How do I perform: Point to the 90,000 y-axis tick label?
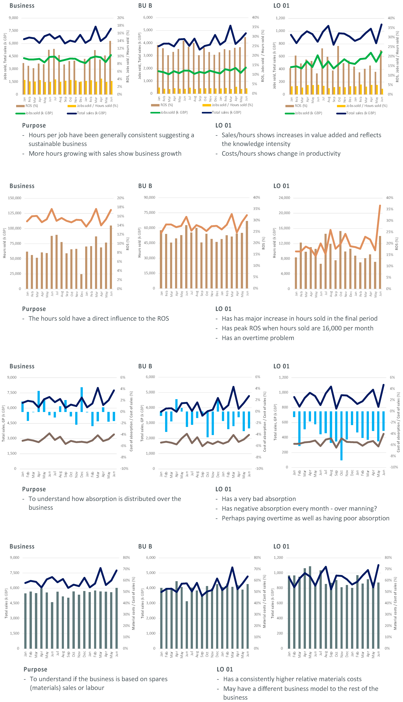point(149,197)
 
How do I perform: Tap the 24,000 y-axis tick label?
point(284,198)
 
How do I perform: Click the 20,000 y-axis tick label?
point(284,213)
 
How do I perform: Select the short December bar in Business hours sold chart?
point(81,281)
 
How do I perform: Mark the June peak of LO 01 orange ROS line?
point(380,206)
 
